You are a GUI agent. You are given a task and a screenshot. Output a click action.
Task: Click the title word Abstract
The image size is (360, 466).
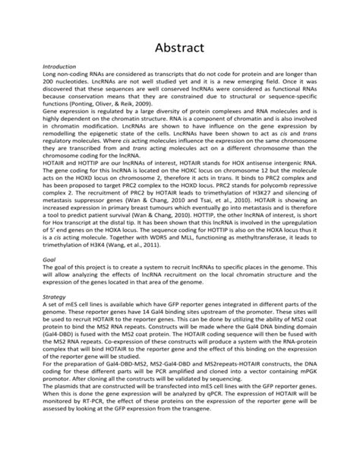point(180,47)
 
